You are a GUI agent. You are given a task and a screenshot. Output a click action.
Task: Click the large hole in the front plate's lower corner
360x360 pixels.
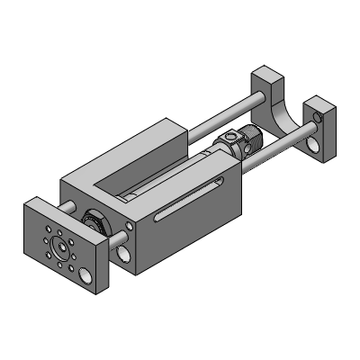coord(84,273)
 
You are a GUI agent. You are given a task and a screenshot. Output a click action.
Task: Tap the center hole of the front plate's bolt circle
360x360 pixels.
coord(60,244)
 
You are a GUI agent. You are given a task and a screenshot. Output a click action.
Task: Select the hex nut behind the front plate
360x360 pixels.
coord(91,219)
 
